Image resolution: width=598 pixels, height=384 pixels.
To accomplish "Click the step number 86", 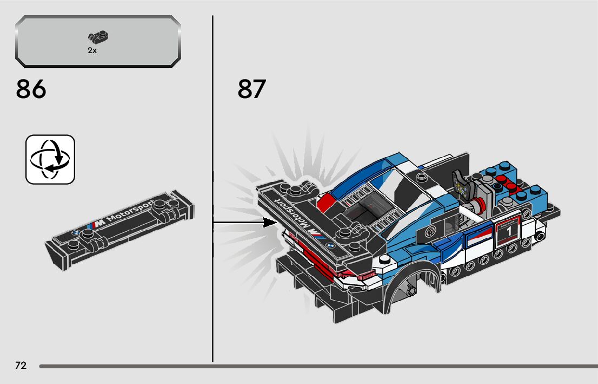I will click(31, 89).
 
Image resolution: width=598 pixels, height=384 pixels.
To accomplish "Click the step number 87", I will click(251, 89).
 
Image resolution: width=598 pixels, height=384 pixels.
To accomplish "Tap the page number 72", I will click(21, 366).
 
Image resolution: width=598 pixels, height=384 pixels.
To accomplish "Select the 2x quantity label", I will click(92, 50).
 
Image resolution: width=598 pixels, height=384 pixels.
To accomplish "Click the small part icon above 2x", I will click(98, 38).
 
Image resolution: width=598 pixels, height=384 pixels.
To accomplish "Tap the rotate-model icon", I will click(50, 159).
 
